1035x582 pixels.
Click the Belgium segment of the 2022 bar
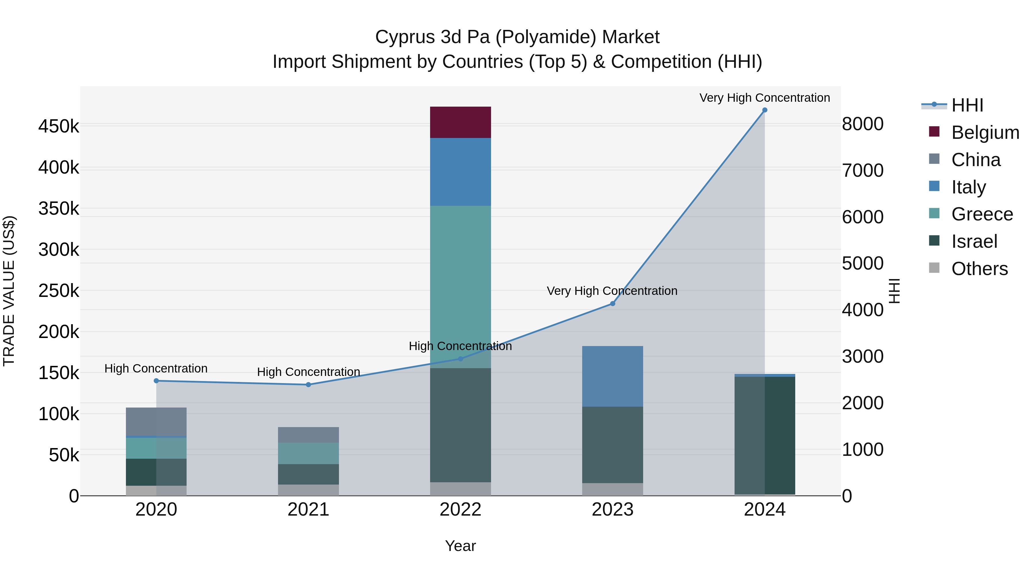pyautogui.click(x=461, y=122)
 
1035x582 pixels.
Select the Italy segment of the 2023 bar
pyautogui.click(x=612, y=376)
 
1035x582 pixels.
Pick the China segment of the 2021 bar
pyautogui.click(x=308, y=435)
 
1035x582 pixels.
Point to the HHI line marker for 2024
pyautogui.click(x=764, y=110)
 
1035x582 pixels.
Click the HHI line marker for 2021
pyautogui.click(x=308, y=385)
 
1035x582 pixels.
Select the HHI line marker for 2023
pyautogui.click(x=612, y=304)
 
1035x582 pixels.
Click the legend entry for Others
pyautogui.click(x=979, y=269)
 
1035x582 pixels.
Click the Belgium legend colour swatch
pyautogui.click(x=934, y=132)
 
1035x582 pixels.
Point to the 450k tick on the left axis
pyautogui.click(x=59, y=126)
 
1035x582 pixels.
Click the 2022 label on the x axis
pyautogui.click(x=461, y=510)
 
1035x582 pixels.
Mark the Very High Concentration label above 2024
pyautogui.click(x=764, y=98)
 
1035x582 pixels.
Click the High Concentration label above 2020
pyautogui.click(x=156, y=368)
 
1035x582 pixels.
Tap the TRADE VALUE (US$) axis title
pyautogui.click(x=9, y=291)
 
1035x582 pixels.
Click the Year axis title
pyautogui.click(x=461, y=546)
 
